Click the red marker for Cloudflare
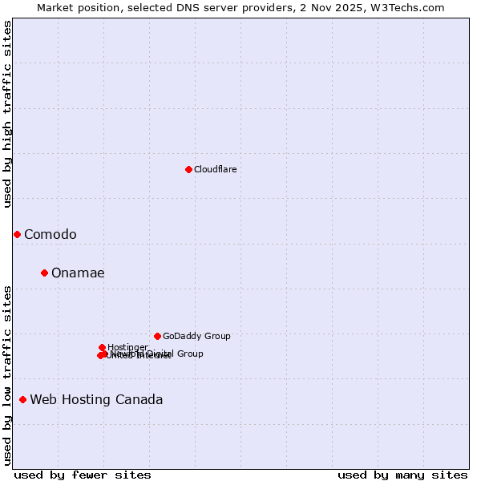(188, 169)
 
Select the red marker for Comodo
(17, 234)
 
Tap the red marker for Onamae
(44, 273)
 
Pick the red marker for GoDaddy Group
(157, 336)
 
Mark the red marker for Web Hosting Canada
(22, 399)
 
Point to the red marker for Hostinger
(102, 347)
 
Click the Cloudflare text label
(215, 169)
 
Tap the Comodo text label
(50, 234)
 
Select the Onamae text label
(78, 273)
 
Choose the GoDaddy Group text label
(196, 336)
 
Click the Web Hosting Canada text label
(96, 399)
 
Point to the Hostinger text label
(127, 347)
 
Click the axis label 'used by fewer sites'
(83, 475)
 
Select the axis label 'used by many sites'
(402, 475)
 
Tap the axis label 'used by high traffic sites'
(8, 113)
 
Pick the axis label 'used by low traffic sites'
(8, 374)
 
